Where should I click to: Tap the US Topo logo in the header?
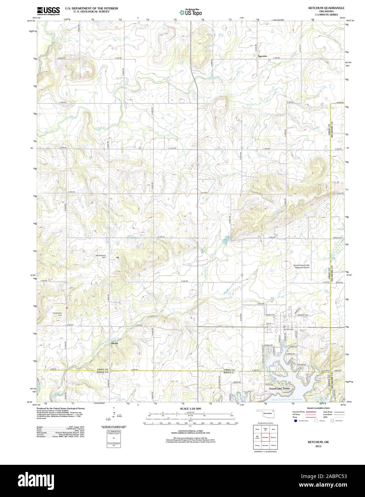[191, 13]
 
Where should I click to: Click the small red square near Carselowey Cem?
[66, 307]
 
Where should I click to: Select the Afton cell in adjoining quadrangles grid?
[273, 428]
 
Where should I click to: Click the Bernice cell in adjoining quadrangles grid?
[273, 437]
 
